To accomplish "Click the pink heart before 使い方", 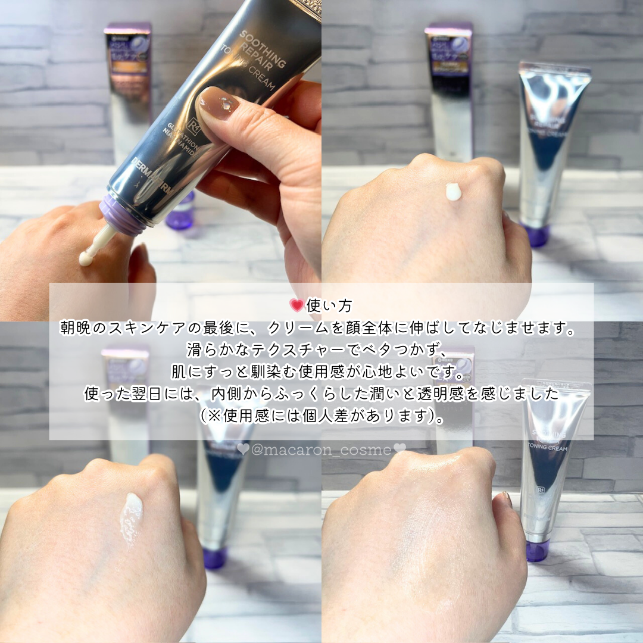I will point(296,305).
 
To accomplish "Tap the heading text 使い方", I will point(329,305).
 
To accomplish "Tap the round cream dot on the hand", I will point(454,192).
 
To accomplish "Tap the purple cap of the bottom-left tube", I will point(214,558).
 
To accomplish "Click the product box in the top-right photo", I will point(449,89).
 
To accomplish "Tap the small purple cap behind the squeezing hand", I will point(180,213).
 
